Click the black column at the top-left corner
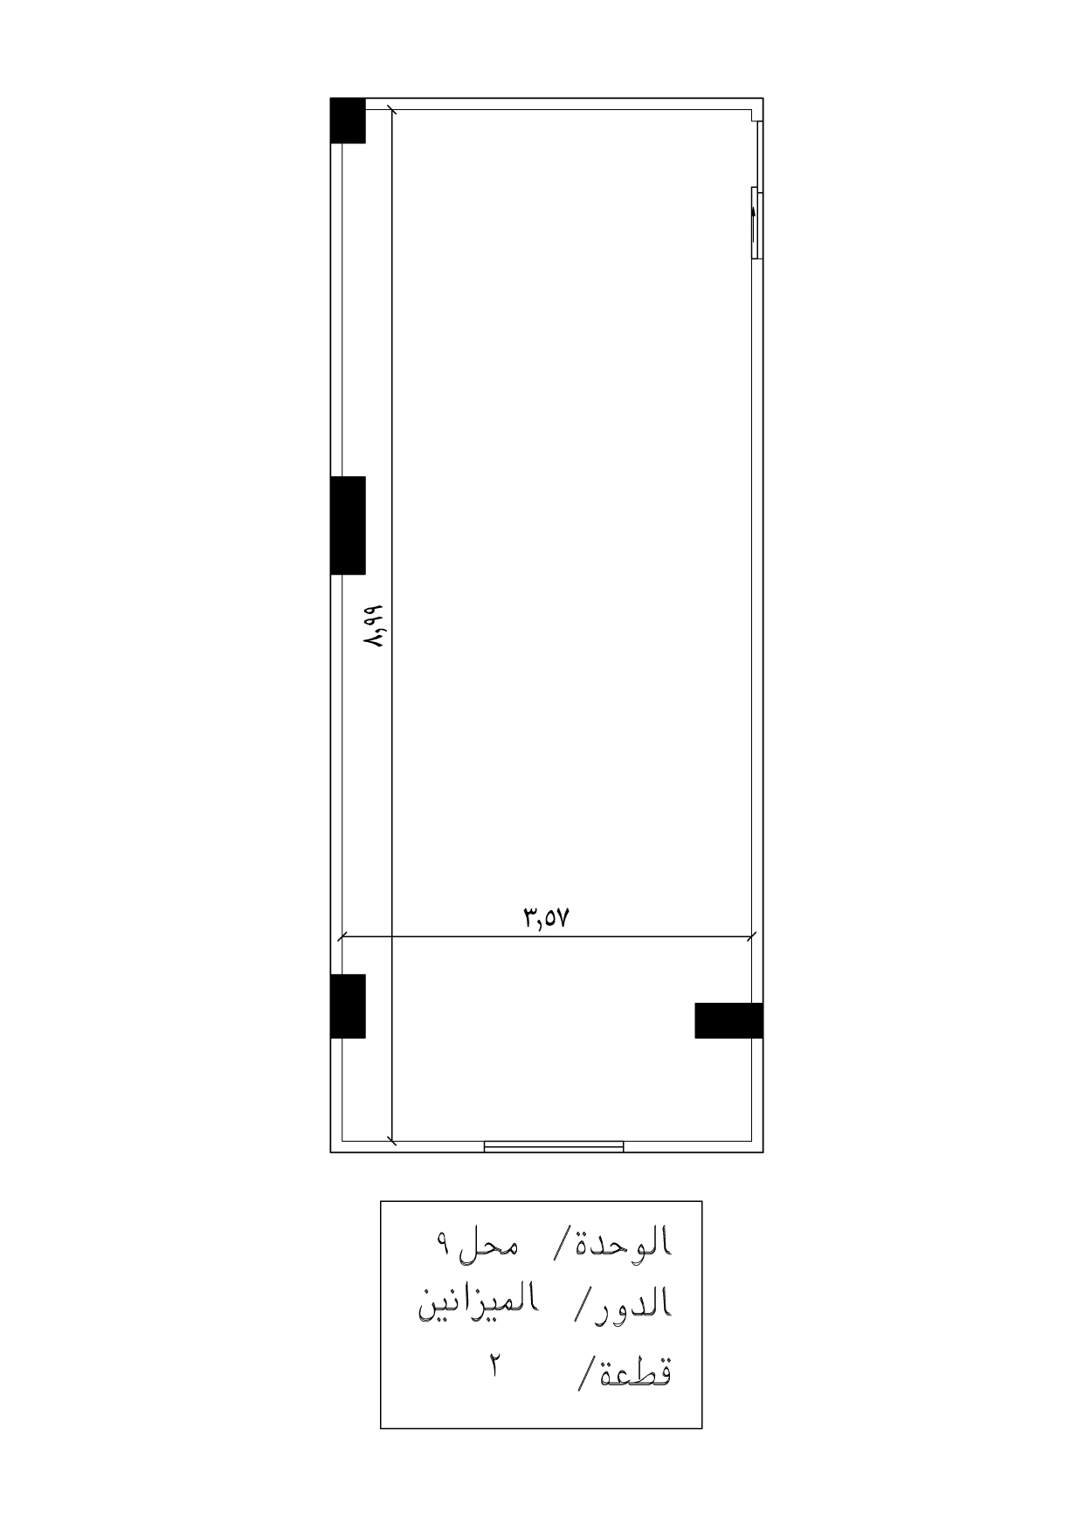pyautogui.click(x=348, y=121)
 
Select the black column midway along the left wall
pyautogui.click(x=348, y=525)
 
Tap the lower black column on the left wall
pyautogui.click(x=348, y=1005)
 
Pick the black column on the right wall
pyautogui.click(x=728, y=1020)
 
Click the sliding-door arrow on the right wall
pyautogui.click(x=753, y=223)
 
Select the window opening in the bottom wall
pyautogui.click(x=554, y=1146)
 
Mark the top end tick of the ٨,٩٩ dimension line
pyautogui.click(x=391, y=110)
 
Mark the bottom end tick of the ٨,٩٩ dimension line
pyautogui.click(x=391, y=1140)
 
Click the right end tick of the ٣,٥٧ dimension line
pyautogui.click(x=752, y=938)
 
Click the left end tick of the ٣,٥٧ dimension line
pyautogui.click(x=342, y=938)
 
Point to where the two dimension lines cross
pyautogui.click(x=391, y=938)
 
